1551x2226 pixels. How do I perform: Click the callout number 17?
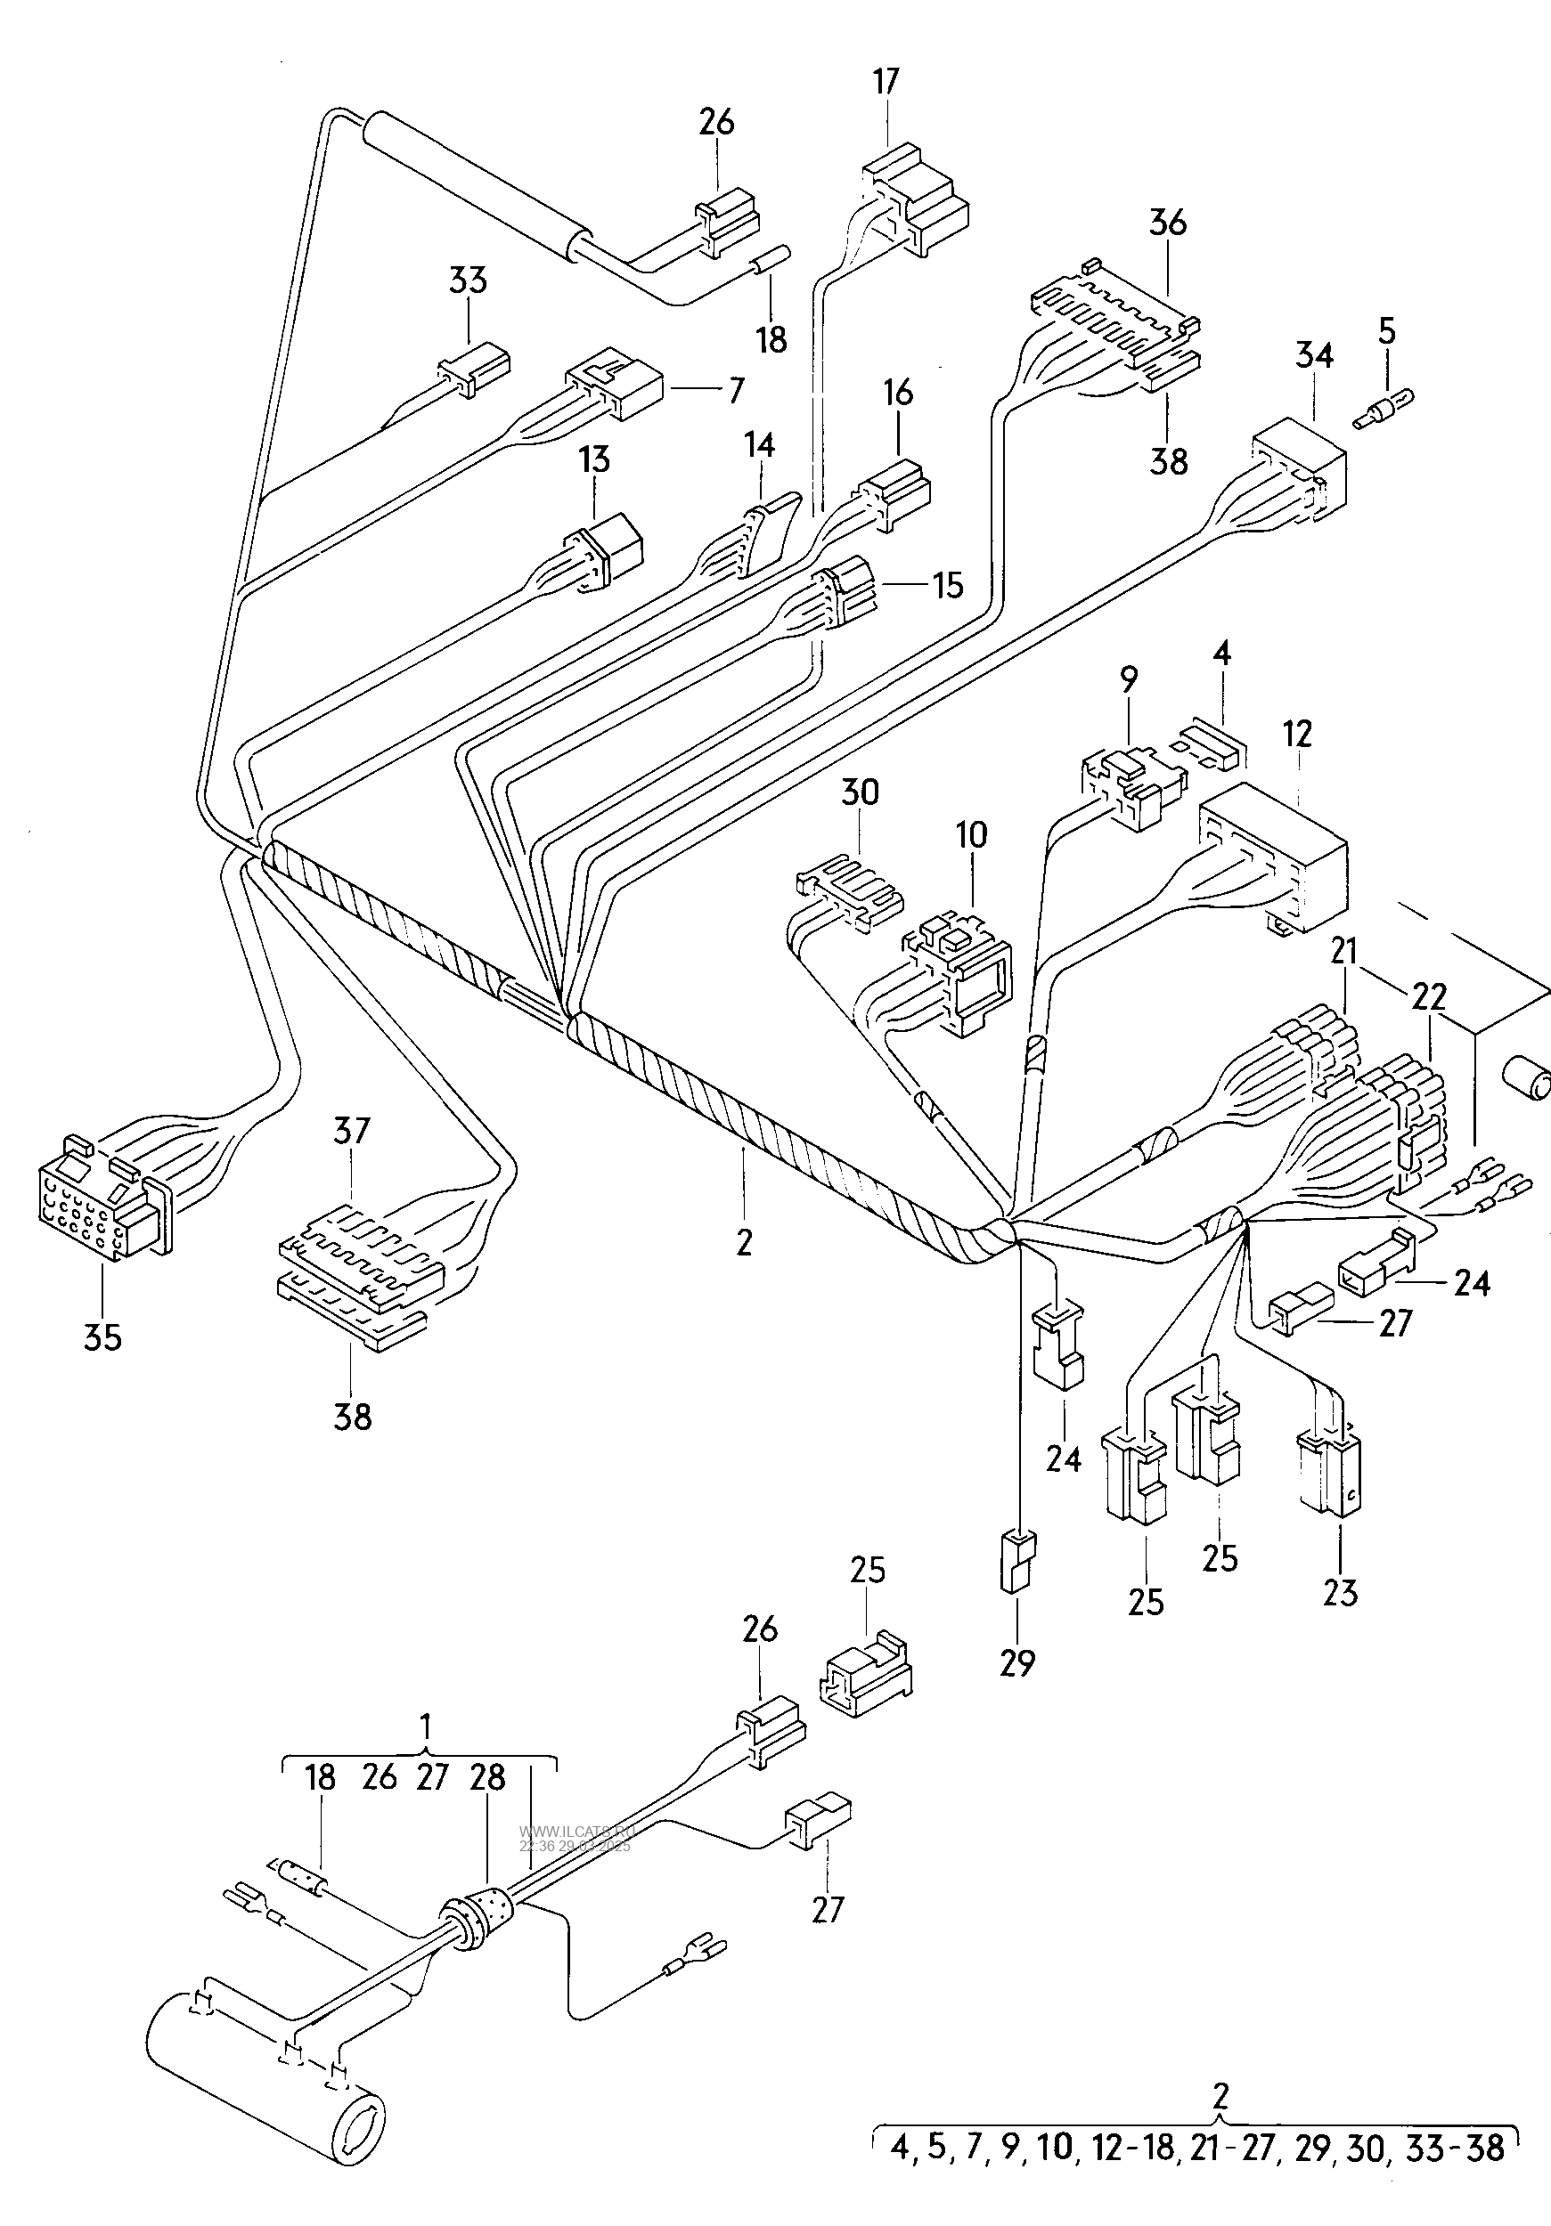(x=886, y=81)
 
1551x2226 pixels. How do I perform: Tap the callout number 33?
(x=468, y=280)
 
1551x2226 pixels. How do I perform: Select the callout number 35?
(x=102, y=1338)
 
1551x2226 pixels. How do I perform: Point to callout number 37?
(x=352, y=1132)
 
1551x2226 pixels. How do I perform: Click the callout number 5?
(x=1387, y=330)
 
